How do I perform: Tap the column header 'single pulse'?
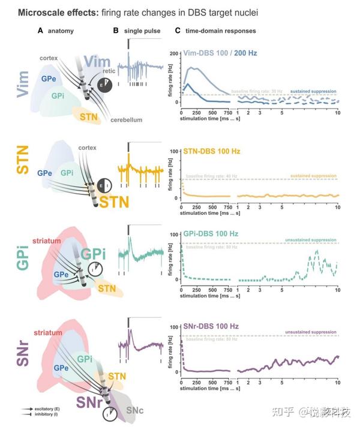[142, 30]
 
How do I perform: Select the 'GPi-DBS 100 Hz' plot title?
[214, 233]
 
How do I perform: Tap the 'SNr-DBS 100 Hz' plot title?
[215, 326]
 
